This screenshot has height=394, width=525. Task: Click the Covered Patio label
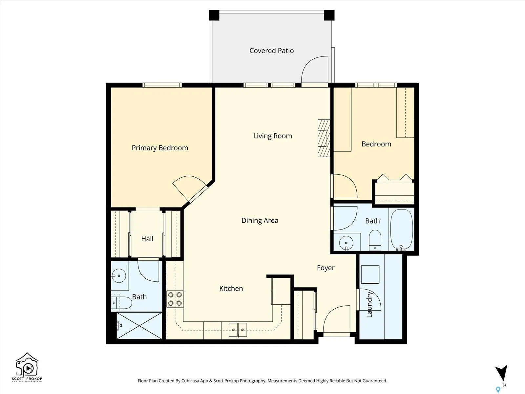271,51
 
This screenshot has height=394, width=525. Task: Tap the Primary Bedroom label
160,148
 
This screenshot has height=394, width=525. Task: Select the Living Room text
273,136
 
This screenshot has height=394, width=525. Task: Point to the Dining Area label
260,220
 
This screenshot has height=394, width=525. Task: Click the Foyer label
325,268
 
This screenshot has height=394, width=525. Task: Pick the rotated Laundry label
369,305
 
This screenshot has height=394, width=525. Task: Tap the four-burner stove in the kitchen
175,299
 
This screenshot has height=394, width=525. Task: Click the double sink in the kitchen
238,330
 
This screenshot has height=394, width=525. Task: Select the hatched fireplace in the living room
324,138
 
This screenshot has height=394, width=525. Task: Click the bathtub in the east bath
402,230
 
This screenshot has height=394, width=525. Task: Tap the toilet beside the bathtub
375,240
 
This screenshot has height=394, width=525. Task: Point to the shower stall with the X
139,326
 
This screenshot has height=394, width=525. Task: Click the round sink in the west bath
119,276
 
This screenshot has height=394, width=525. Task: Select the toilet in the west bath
121,302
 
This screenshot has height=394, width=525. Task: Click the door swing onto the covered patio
314,69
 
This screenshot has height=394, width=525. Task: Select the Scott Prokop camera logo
27,367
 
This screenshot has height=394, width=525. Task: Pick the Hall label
147,239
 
